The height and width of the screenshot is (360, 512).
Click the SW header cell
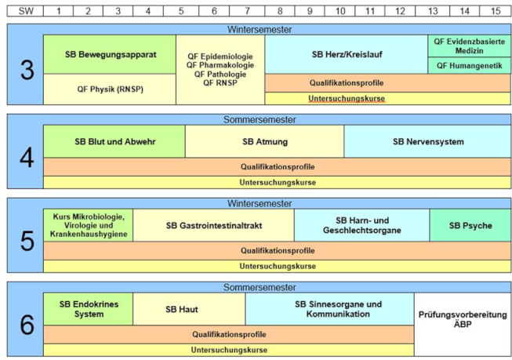click(x=25, y=11)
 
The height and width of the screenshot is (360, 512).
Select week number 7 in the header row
click(x=247, y=11)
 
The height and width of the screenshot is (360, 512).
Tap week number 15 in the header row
click(x=495, y=11)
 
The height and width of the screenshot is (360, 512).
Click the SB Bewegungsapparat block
click(x=110, y=54)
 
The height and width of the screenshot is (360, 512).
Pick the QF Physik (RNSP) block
click(x=110, y=89)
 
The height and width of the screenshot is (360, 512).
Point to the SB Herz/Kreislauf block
click(x=347, y=54)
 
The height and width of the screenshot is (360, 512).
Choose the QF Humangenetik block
click(x=469, y=66)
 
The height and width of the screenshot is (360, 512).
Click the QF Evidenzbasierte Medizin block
click(x=469, y=46)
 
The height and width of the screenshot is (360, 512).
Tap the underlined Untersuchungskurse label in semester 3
click(x=347, y=98)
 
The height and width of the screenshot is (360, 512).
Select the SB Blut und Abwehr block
click(x=114, y=141)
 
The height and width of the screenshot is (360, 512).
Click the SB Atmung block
click(x=264, y=141)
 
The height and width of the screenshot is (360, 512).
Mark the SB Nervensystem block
click(x=427, y=141)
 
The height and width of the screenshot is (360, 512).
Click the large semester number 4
click(x=27, y=158)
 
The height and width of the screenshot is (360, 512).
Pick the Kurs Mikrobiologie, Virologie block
click(x=88, y=225)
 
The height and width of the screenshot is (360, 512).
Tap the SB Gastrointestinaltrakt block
click(x=213, y=225)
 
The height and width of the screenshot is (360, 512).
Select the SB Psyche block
click(x=470, y=225)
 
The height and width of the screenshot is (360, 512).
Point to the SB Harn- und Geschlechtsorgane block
click(x=361, y=225)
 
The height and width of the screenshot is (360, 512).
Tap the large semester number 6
click(x=27, y=325)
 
